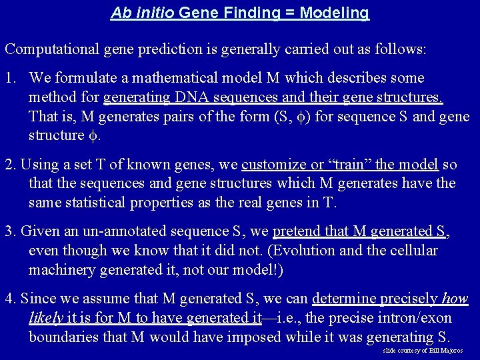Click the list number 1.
tap(9, 79)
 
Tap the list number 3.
tap(9, 231)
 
